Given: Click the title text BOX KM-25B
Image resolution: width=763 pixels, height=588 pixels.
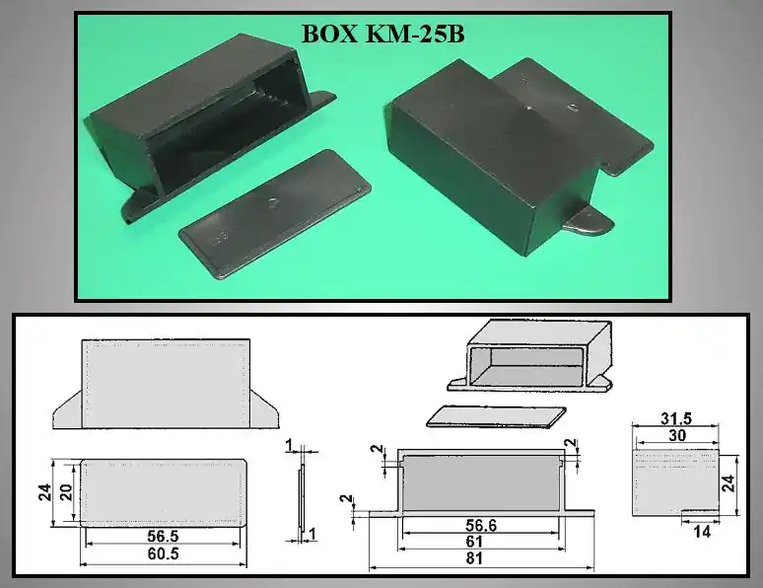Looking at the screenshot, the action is click(x=382, y=35).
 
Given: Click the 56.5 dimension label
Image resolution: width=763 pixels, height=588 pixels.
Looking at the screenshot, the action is click(x=163, y=537).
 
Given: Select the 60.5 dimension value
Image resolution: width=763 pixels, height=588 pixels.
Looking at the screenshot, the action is click(x=163, y=553).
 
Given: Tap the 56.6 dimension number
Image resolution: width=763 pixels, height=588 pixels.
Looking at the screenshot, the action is click(x=481, y=525).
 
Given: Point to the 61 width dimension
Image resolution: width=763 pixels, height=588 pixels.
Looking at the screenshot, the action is click(x=474, y=542).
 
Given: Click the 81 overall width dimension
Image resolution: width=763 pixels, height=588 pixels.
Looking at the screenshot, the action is click(x=474, y=558).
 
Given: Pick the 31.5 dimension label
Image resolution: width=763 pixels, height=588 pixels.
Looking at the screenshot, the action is click(x=676, y=418).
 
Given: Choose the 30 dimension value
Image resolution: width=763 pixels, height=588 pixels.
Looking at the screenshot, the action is click(x=677, y=435).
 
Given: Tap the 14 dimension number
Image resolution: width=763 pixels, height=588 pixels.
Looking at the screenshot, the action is click(x=702, y=532).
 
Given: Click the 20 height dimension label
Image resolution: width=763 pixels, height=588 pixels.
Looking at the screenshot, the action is click(x=66, y=492).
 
